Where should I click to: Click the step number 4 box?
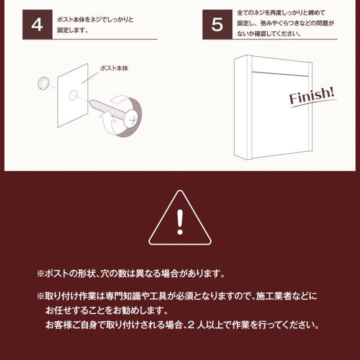(x=38, y=24)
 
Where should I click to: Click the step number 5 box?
(x=217, y=24)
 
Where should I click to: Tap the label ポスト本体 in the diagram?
(x=114, y=68)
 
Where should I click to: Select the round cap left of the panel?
(x=43, y=83)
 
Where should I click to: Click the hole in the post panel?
(x=73, y=95)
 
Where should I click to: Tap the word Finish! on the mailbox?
(x=312, y=95)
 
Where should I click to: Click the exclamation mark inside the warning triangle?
(x=180, y=222)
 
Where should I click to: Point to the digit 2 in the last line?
(x=191, y=325)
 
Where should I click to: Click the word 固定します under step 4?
(x=70, y=30)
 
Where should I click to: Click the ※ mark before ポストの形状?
(x=40, y=274)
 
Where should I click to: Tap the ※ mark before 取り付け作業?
(x=40, y=296)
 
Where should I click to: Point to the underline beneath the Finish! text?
(x=314, y=103)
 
